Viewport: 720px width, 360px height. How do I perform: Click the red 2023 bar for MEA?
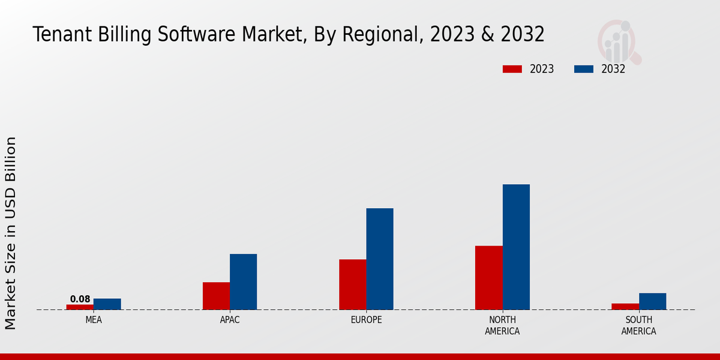click(80, 307)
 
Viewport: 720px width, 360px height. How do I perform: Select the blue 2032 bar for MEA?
click(107, 304)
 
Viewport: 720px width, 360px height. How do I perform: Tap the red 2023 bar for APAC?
click(216, 296)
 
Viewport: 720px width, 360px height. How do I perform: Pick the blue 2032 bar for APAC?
click(244, 281)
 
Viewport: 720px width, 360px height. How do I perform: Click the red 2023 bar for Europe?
click(352, 284)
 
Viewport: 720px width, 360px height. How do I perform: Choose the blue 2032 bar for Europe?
click(380, 259)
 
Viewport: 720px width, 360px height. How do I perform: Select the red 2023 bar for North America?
click(488, 278)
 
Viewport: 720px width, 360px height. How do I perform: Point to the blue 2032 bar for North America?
click(516, 247)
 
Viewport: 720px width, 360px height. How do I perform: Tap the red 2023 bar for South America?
click(625, 307)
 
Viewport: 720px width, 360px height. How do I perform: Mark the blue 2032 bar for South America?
click(652, 301)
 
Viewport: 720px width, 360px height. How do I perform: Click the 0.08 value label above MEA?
click(80, 299)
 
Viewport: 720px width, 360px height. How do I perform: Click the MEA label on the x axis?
click(94, 320)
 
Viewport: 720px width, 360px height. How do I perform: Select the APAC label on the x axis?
click(230, 320)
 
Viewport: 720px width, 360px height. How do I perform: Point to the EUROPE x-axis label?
click(366, 320)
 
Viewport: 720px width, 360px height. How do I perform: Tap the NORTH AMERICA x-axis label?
click(503, 325)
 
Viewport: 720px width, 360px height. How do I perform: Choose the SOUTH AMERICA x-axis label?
click(638, 325)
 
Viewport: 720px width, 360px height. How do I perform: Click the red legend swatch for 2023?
click(512, 69)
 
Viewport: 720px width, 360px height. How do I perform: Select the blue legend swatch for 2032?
click(583, 69)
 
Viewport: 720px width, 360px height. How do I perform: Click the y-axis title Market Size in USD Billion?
click(11, 233)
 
